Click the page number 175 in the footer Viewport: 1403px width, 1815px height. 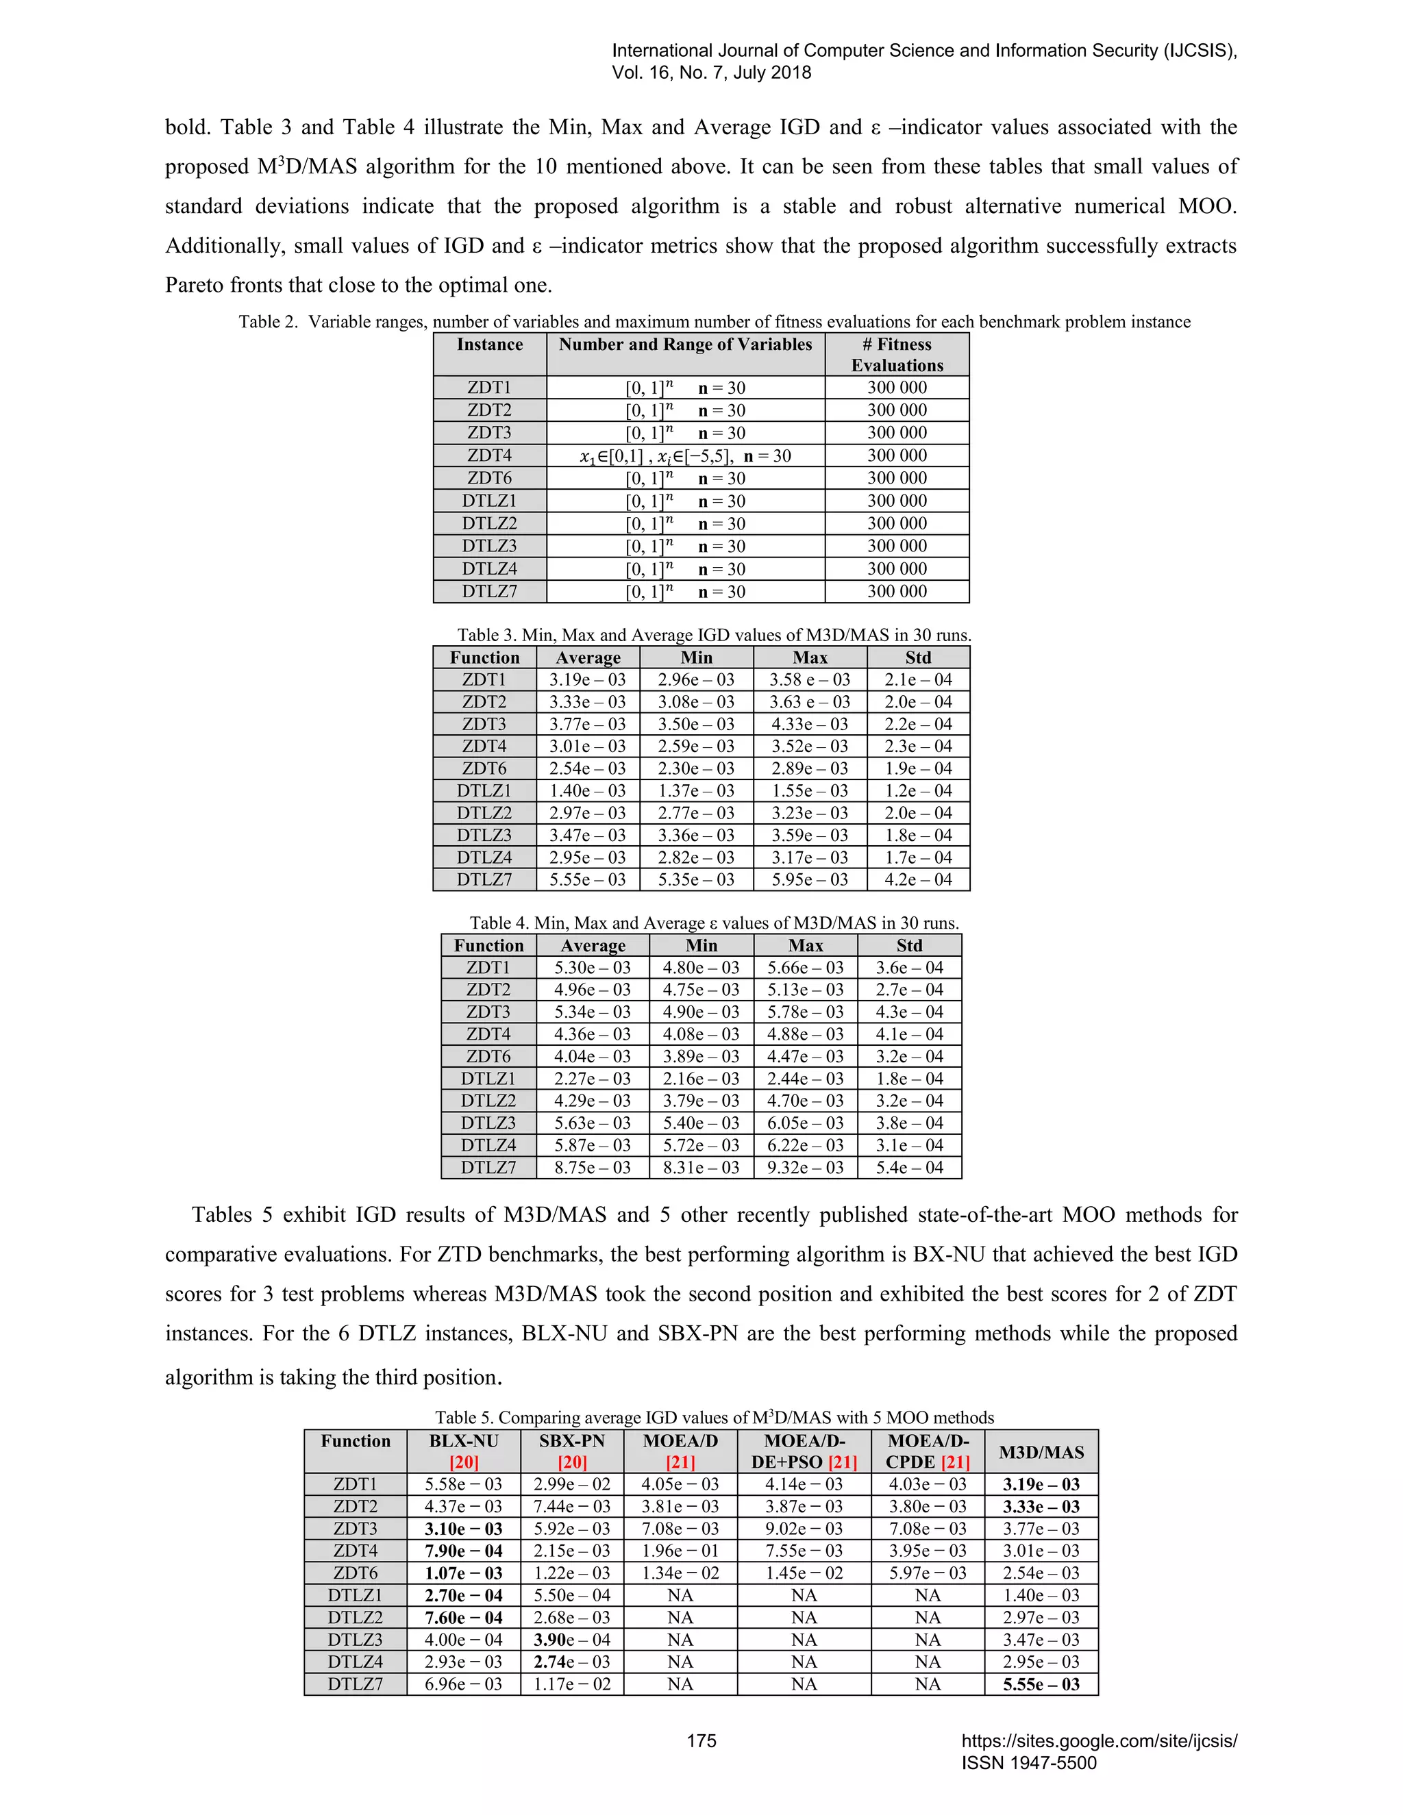[x=701, y=1741]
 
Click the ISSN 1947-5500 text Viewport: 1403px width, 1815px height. [x=1029, y=1763]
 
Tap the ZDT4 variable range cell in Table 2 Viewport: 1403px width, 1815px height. [x=685, y=455]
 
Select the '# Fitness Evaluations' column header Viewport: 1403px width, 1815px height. [x=897, y=355]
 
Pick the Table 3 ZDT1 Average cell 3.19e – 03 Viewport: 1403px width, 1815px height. [x=587, y=680]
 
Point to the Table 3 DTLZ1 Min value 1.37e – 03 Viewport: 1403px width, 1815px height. [x=696, y=791]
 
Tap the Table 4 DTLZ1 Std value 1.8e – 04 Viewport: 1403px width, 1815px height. [x=909, y=1079]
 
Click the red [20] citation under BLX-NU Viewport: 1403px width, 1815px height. [x=464, y=1462]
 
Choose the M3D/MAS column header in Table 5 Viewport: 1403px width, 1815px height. [x=1041, y=1452]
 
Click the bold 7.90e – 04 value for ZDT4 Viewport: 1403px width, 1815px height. [x=464, y=1551]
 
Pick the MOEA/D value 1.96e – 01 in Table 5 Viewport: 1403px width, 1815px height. [x=680, y=1551]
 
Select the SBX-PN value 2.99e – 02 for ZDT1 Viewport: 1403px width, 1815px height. [x=572, y=1484]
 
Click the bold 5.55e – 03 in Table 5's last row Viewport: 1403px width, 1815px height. [x=1041, y=1685]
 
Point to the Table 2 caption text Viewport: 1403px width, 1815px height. [x=714, y=322]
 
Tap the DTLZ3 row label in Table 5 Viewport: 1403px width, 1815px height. [x=355, y=1640]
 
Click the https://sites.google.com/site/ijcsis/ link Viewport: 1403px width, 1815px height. [x=1099, y=1741]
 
